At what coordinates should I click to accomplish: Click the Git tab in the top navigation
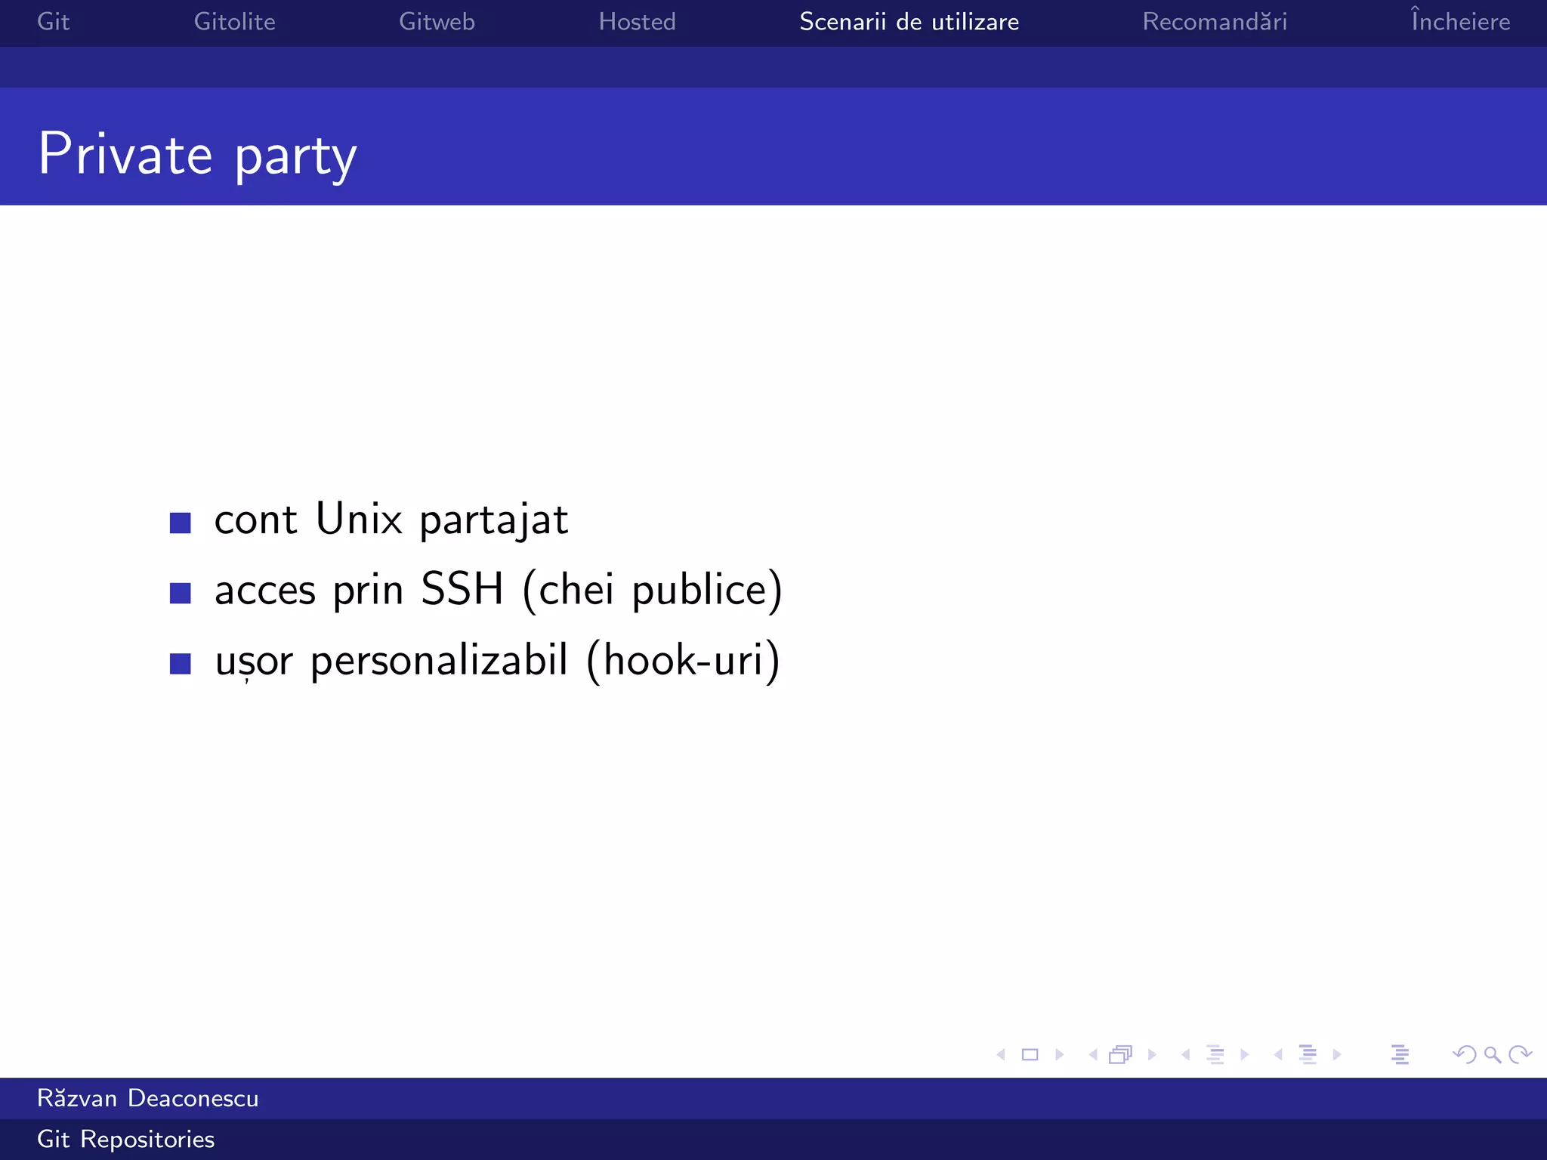pos(53,22)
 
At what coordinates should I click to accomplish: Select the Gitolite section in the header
pos(234,22)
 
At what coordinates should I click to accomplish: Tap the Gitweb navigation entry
pos(437,22)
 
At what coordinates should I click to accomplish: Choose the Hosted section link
pos(637,22)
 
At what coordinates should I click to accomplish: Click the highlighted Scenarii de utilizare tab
pos(909,22)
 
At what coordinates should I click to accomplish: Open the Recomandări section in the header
pos(1215,22)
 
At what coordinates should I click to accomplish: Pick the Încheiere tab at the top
pos(1460,22)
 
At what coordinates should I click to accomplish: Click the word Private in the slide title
pos(125,155)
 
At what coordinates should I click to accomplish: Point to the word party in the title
pos(295,157)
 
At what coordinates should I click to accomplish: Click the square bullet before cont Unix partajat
pos(180,523)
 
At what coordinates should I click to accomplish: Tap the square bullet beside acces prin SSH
pos(180,593)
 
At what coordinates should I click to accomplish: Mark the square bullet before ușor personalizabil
pos(180,663)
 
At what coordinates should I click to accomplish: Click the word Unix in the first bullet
pos(359,519)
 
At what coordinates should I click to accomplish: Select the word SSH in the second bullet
pos(462,589)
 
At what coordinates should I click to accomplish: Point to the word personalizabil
pos(439,661)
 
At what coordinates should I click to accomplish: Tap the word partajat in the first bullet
pos(493,520)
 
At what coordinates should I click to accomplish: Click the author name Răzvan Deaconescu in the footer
pos(148,1098)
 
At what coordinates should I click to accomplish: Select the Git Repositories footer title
pos(126,1139)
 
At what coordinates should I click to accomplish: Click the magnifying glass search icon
pos(1492,1054)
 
